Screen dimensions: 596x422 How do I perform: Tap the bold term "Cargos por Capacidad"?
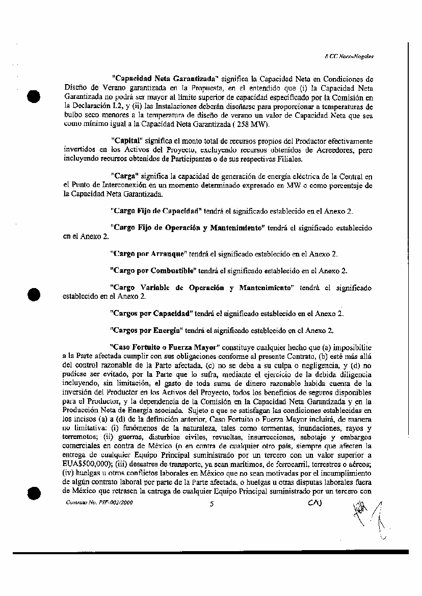pyautogui.click(x=151, y=312)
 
